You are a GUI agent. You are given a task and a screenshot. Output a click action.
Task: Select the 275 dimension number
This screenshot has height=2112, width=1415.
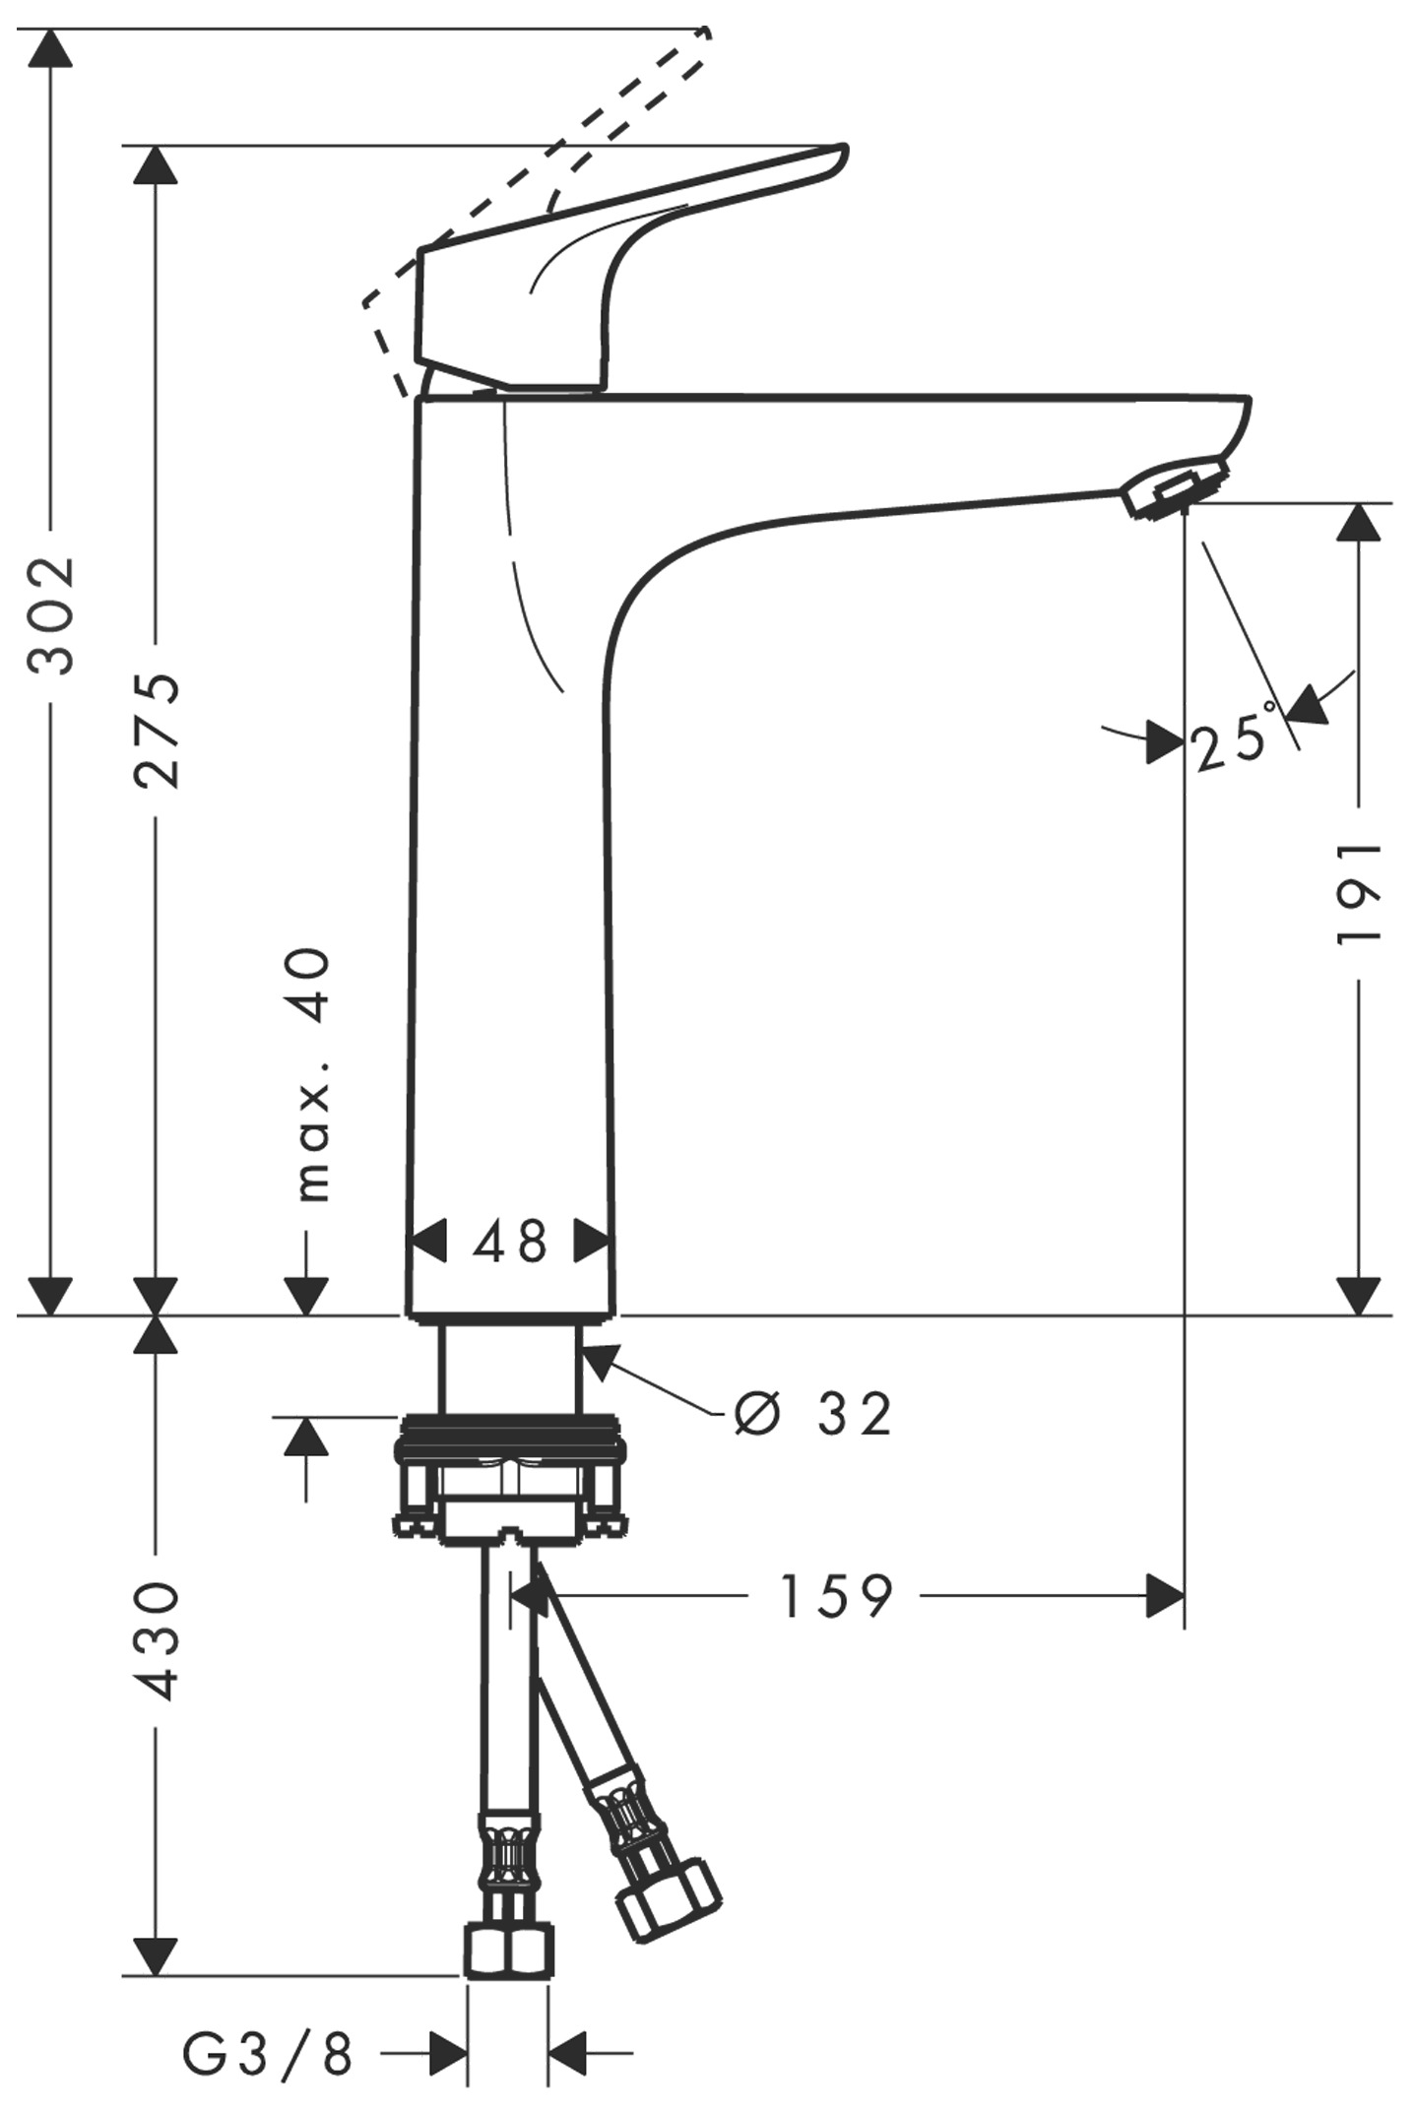pos(158,730)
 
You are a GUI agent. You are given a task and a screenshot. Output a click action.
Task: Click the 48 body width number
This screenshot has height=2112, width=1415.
pos(510,1242)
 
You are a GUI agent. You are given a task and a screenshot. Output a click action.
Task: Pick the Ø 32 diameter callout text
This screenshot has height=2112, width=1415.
pos(813,1415)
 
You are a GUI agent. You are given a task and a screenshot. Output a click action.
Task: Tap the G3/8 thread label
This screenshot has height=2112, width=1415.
pos(267,2055)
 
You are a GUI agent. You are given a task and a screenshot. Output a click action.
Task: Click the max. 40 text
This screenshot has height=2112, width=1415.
pos(313,1074)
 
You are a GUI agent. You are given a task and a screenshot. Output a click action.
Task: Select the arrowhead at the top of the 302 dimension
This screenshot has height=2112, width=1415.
pos(50,48)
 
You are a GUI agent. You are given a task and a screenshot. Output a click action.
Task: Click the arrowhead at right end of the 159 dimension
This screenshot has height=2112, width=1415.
pos(1165,1596)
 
